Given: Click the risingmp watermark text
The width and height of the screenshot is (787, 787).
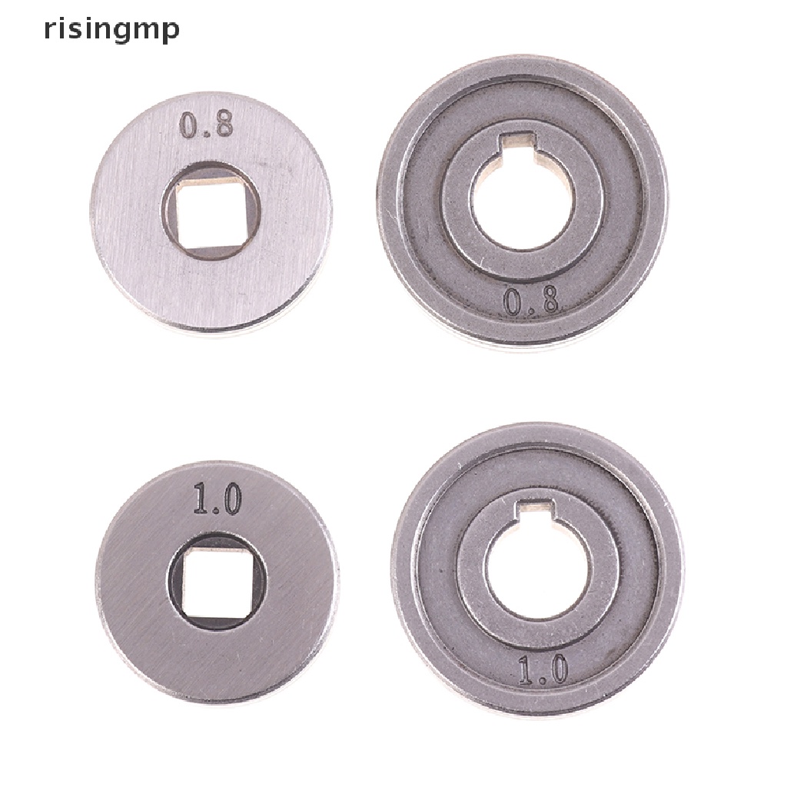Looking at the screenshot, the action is pos(111,30).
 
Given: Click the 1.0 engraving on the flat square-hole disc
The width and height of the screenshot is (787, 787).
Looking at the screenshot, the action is pos(218,498).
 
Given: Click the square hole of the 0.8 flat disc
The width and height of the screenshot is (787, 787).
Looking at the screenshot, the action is pos(210,216).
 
